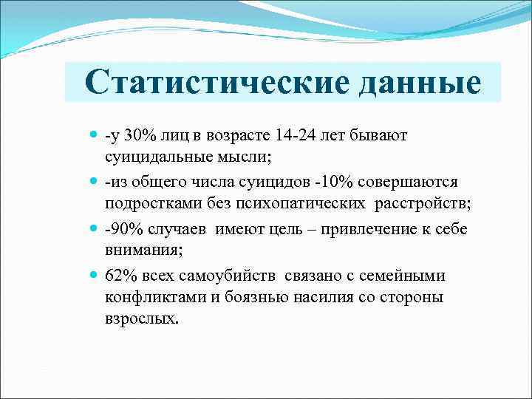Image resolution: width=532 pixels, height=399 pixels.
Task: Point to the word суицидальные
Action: [x=159, y=157]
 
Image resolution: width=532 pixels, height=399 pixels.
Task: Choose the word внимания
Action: [x=137, y=250]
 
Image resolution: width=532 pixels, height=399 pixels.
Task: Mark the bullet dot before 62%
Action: [x=92, y=276]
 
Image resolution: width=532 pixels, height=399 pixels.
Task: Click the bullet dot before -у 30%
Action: [x=92, y=136]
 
